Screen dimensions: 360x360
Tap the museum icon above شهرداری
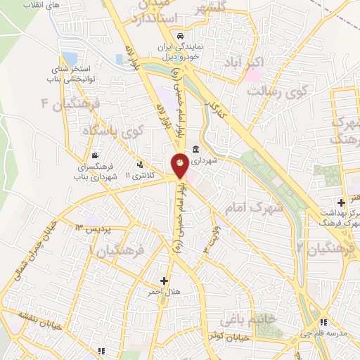(195, 149)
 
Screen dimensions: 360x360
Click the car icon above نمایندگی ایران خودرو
(181, 35)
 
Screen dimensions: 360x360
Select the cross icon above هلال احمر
(164, 280)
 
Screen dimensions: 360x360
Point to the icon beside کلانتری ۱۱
(140, 164)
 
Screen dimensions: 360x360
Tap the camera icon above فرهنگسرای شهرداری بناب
(95, 156)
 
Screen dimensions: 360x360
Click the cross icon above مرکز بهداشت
(341, 202)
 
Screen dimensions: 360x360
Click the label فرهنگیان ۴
(72, 105)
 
